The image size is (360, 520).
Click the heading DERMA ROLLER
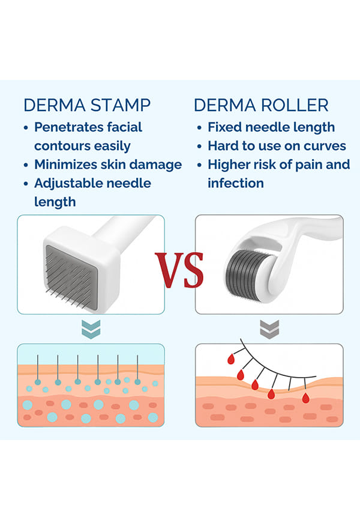[261, 105]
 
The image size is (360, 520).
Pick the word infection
[236, 183]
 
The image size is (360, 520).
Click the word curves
[326, 146]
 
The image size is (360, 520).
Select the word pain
[304, 165]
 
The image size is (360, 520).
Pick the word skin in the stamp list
[119, 165]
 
